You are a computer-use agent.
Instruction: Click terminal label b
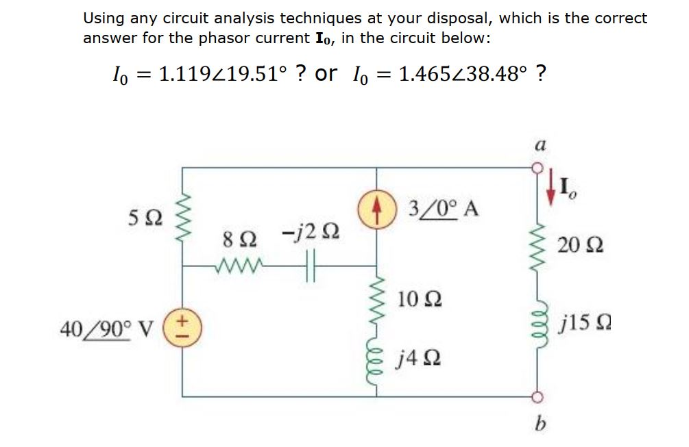(x=540, y=420)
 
